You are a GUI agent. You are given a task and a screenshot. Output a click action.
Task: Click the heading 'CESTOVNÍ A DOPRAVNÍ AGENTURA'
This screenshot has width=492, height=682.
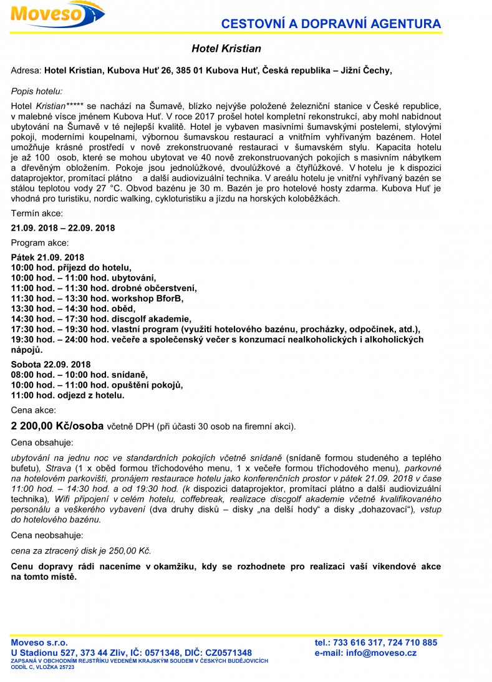[332, 24]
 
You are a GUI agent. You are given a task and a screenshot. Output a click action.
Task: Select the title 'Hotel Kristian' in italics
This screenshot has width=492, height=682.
[226, 49]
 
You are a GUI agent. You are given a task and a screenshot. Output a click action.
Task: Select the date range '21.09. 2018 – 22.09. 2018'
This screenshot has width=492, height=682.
[62, 228]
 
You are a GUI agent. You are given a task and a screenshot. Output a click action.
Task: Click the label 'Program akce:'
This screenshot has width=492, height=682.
[40, 243]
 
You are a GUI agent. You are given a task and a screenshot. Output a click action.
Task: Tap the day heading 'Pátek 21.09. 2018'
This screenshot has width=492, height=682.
[47, 257]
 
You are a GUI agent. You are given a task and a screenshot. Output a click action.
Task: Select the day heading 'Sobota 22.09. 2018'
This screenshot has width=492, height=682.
[51, 365]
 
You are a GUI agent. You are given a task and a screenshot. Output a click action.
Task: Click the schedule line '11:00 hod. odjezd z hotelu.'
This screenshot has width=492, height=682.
[68, 395]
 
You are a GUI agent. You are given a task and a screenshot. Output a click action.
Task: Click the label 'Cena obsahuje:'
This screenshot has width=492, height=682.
[42, 443]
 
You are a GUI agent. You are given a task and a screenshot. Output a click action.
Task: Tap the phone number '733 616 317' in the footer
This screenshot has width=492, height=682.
[359, 643]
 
